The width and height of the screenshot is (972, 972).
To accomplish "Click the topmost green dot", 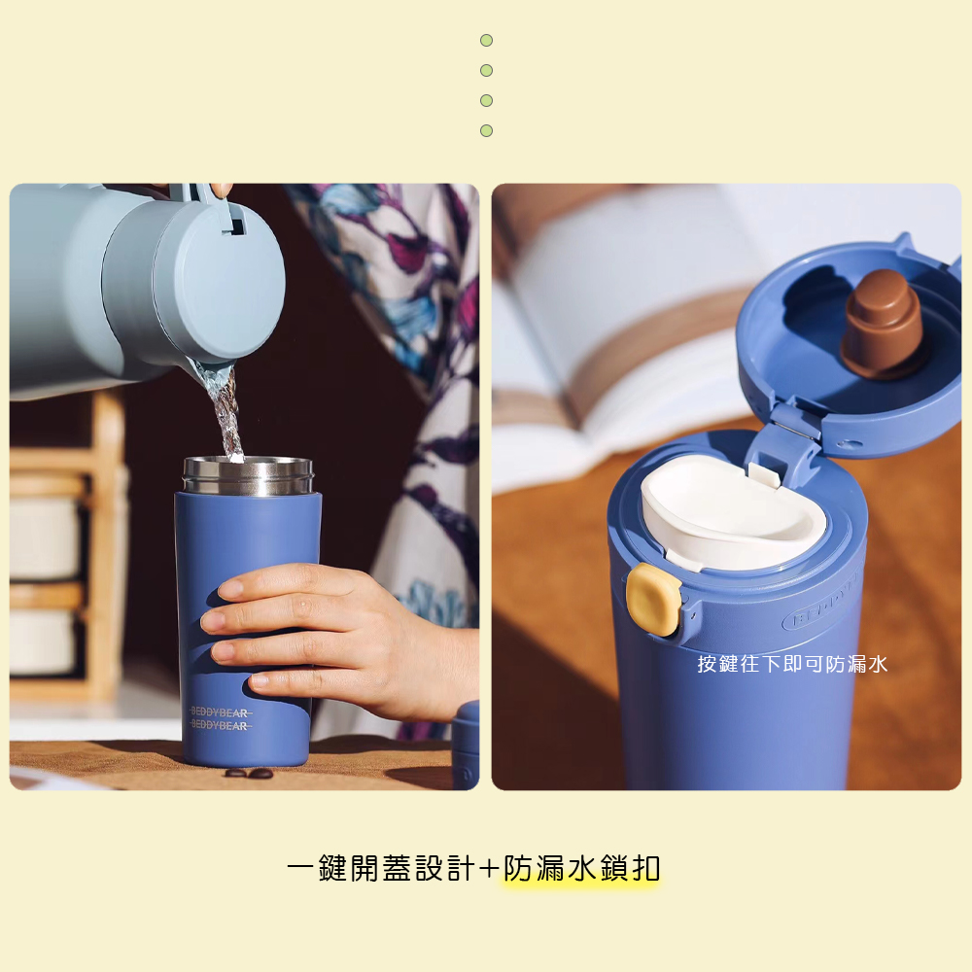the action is tap(487, 40).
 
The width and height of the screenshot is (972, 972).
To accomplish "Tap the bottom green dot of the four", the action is tap(487, 131).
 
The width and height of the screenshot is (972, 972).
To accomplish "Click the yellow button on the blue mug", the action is tap(653, 600).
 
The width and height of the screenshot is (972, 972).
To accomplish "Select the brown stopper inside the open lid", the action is tap(883, 324).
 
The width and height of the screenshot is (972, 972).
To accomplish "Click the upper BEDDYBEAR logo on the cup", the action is tap(220, 712).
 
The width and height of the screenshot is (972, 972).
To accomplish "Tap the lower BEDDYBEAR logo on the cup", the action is tap(220, 725).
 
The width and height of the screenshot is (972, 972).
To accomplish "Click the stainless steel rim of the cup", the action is tap(248, 476).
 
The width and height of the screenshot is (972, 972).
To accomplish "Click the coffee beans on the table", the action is tap(249, 773).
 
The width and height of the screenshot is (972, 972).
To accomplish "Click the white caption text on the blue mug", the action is tap(792, 664).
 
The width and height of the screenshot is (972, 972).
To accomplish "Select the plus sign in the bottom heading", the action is tap(489, 868).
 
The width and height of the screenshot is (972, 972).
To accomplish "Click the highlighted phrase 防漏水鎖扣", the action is tap(581, 868).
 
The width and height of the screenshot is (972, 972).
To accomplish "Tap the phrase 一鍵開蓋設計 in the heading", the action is tap(381, 868).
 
